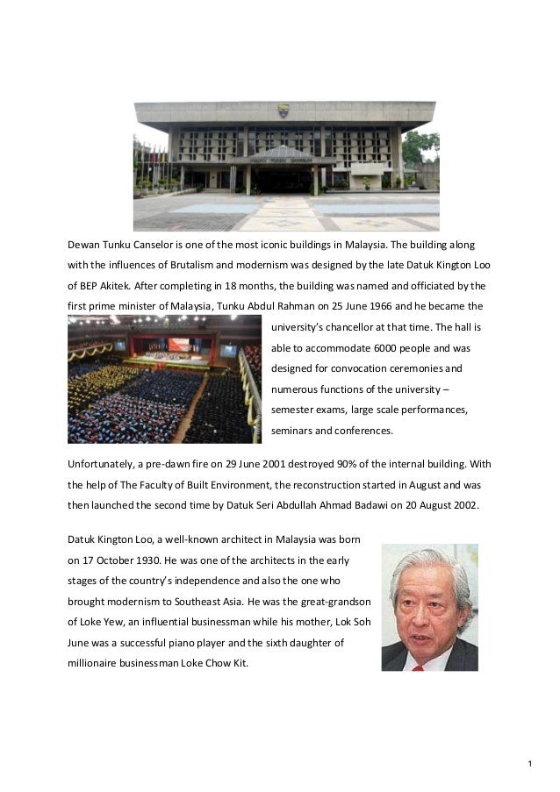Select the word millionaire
(96, 664)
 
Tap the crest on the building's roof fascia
(283, 111)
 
